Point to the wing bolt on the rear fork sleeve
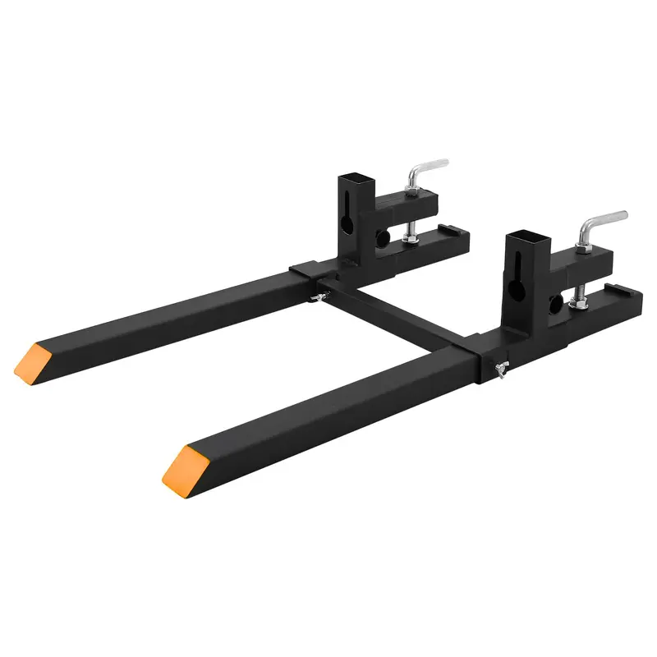[x=315, y=297]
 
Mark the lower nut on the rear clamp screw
[x=411, y=238]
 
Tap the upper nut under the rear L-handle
[x=411, y=191]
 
